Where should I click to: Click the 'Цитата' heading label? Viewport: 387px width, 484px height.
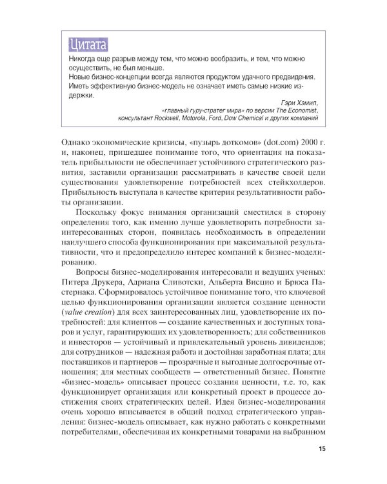(88, 45)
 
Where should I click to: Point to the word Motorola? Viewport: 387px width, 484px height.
(200, 119)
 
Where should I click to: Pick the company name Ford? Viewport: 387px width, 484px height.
(225, 119)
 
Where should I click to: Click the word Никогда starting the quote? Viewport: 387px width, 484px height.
(82, 59)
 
